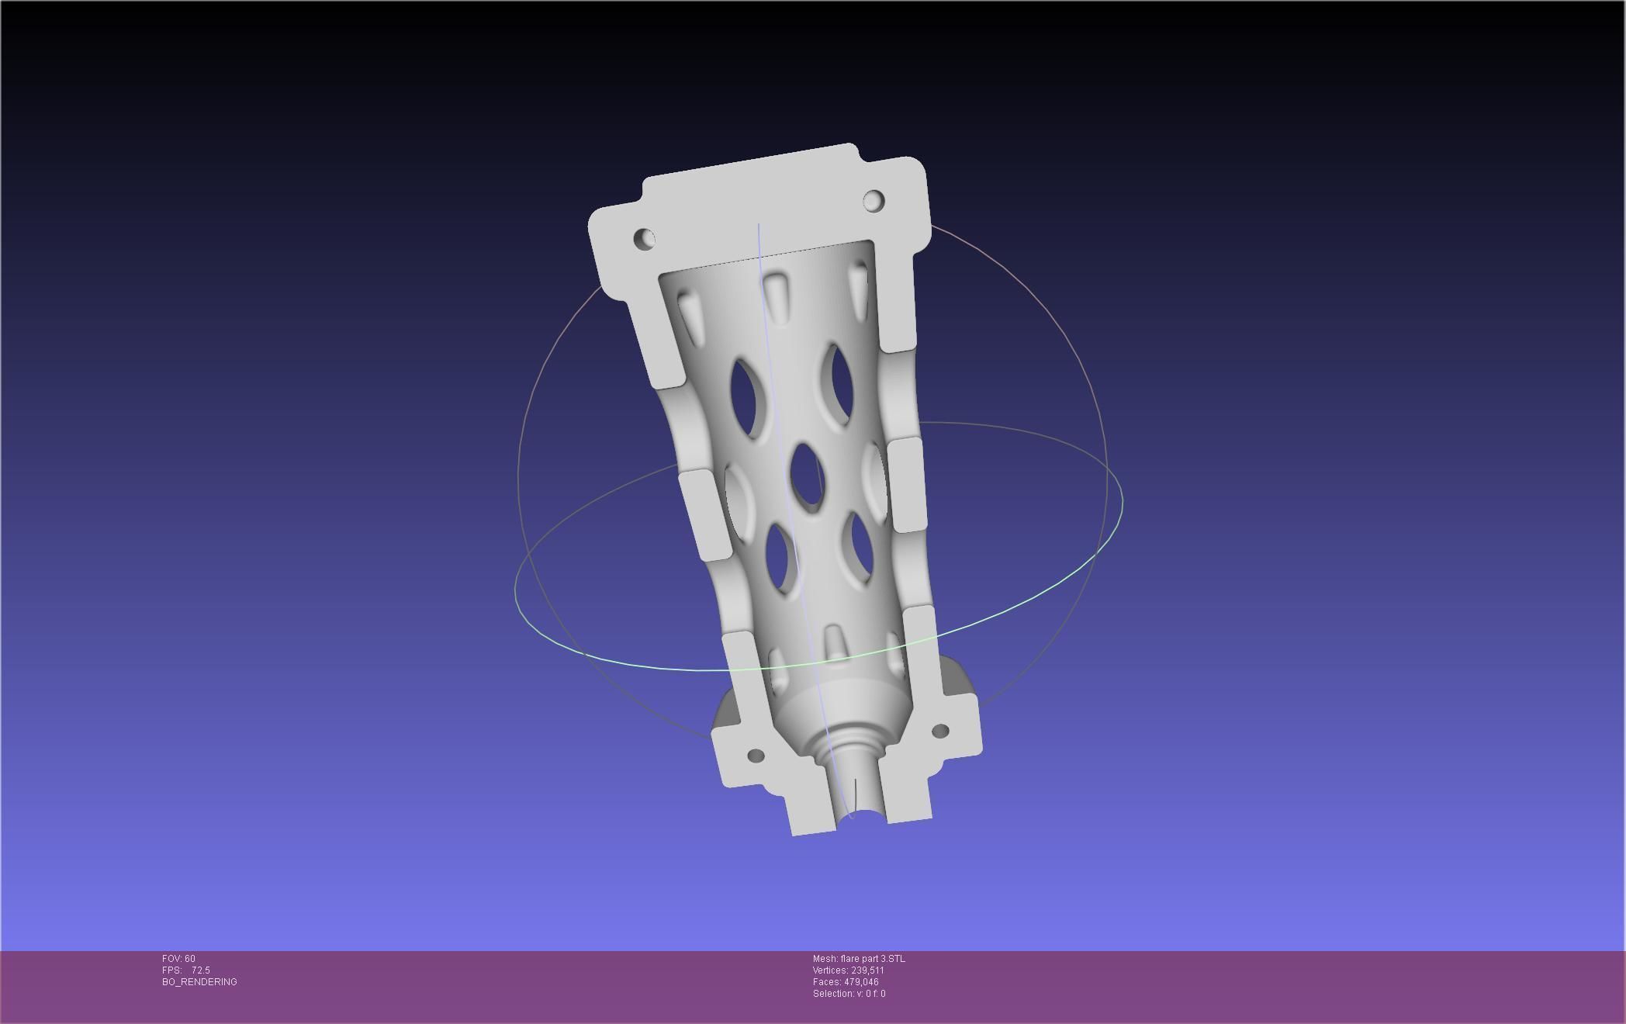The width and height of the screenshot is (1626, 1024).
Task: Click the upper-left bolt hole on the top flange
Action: [x=645, y=238]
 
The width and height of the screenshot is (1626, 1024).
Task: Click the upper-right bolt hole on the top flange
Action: [x=874, y=201]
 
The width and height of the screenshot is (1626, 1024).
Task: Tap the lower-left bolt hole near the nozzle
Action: [x=756, y=755]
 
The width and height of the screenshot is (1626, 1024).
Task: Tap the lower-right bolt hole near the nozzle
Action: [x=939, y=731]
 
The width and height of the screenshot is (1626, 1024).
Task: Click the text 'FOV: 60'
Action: [x=178, y=959]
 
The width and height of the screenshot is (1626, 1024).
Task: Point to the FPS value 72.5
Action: [x=201, y=970]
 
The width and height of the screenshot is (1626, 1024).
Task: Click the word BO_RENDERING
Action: [x=199, y=982]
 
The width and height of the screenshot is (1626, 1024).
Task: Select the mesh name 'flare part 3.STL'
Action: [x=872, y=959]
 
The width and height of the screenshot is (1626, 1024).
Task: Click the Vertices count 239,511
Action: [x=867, y=970]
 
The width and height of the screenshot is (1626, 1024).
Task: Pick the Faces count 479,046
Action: [x=861, y=982]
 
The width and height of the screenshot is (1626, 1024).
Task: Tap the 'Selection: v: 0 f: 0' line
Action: [x=849, y=994]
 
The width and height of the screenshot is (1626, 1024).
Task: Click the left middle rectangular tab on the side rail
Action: [x=704, y=514]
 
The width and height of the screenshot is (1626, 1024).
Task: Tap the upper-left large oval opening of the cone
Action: [x=747, y=397]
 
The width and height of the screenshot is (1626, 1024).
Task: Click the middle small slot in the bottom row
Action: [x=835, y=642]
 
